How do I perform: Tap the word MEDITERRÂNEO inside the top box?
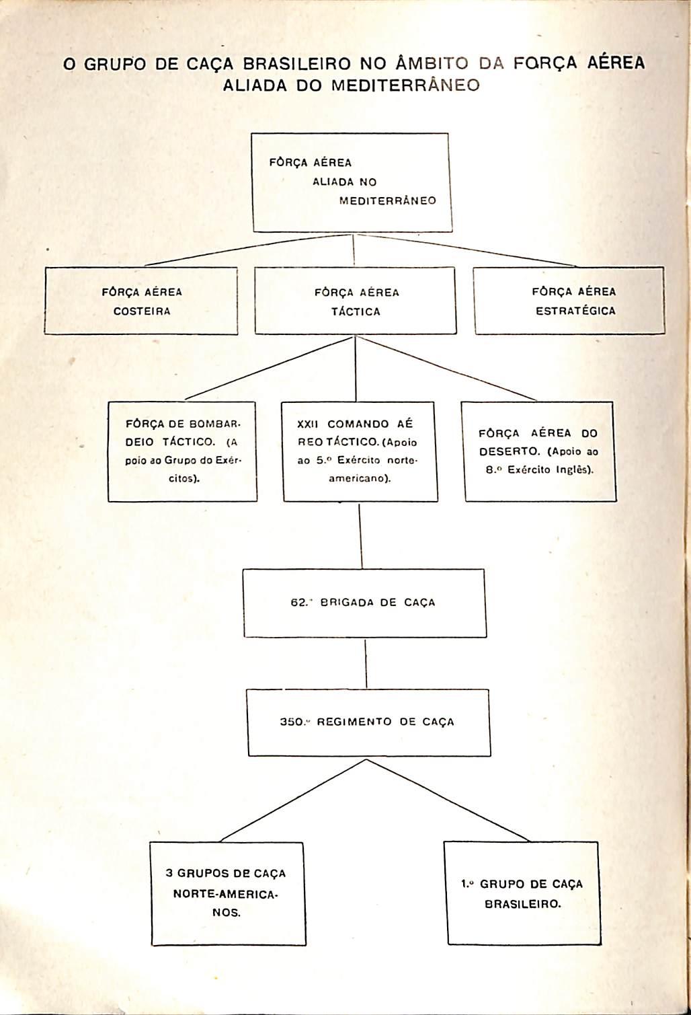point(387,201)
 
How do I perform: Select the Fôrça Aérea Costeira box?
point(141,301)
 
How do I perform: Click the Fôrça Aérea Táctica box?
point(356,301)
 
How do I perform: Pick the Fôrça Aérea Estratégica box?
point(569,301)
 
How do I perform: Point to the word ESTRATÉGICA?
point(575,311)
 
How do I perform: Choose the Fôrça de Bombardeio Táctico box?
point(182,451)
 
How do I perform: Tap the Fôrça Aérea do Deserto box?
point(540,451)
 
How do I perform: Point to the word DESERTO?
point(506,452)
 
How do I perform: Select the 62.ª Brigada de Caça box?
point(364,603)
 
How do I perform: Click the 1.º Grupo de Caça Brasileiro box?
point(522,893)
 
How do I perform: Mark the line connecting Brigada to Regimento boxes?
point(365,663)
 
